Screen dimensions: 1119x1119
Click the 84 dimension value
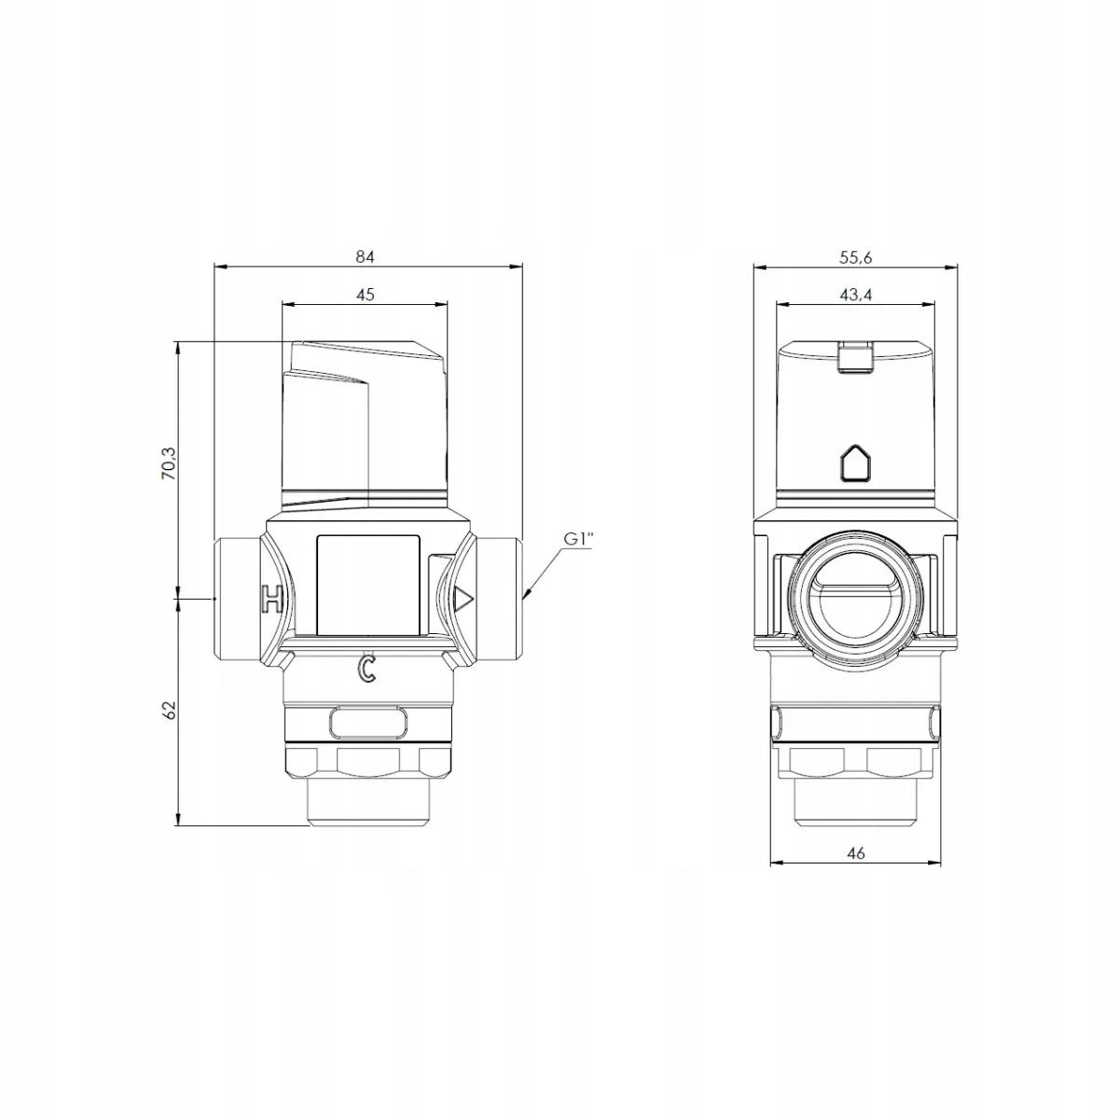coord(365,256)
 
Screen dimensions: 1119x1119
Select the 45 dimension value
coord(365,295)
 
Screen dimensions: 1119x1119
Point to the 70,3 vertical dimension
coord(169,463)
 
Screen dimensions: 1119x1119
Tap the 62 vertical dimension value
coord(169,710)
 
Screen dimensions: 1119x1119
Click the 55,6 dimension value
coord(855,257)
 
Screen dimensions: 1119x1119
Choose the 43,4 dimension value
coord(855,295)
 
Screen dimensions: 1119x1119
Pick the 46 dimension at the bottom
coord(856,853)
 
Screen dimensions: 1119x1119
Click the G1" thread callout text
coord(578,540)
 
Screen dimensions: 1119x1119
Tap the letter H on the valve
coord(271,598)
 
